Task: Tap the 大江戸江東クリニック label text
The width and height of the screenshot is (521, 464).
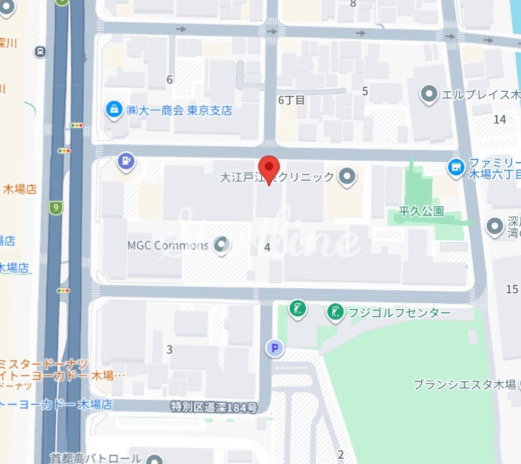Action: [279, 177]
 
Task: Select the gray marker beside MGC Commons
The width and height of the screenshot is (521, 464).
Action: [223, 246]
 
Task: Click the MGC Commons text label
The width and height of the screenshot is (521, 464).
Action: [168, 246]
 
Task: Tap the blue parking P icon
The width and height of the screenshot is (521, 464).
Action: [274, 348]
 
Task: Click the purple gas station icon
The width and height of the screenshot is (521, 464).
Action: [125, 159]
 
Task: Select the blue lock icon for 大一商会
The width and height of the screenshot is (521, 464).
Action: [114, 108]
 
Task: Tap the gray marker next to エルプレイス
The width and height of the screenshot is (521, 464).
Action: [430, 95]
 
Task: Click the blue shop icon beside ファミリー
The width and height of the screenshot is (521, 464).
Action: [455, 169]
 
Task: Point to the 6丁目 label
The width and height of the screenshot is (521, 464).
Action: [292, 100]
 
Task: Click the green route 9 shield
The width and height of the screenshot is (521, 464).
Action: [56, 208]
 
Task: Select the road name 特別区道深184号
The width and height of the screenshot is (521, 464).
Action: [212, 408]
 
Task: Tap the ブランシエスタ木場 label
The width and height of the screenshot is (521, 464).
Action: [464, 385]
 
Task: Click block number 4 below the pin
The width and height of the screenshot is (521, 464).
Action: [267, 247]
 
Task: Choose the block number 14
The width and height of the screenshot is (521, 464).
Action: [500, 119]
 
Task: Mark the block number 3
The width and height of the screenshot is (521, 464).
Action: [170, 349]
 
